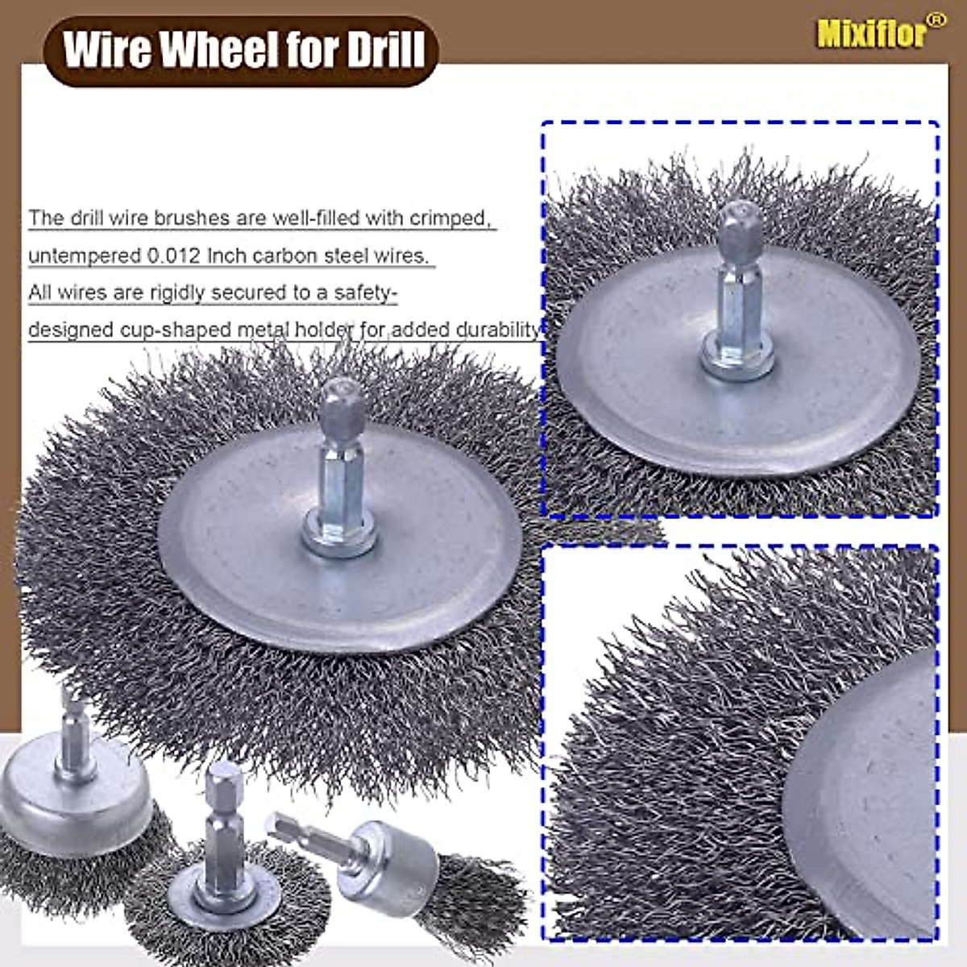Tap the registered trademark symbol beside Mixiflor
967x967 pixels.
click(936, 20)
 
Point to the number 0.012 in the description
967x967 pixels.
click(175, 255)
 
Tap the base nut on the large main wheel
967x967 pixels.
click(339, 536)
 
